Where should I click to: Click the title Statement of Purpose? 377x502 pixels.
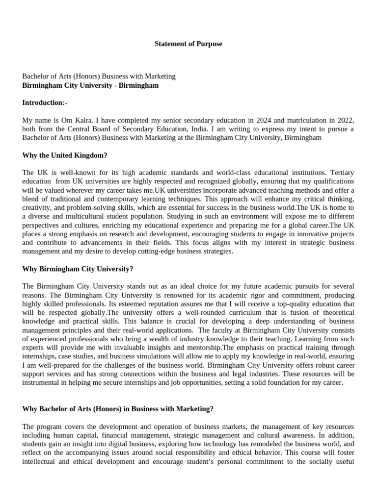click(x=188, y=44)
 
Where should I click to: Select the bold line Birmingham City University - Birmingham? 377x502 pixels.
click(x=91, y=85)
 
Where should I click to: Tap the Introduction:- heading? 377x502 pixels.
click(x=45, y=102)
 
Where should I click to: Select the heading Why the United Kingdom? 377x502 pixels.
click(x=65, y=155)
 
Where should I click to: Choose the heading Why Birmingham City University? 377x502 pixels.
click(x=78, y=269)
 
